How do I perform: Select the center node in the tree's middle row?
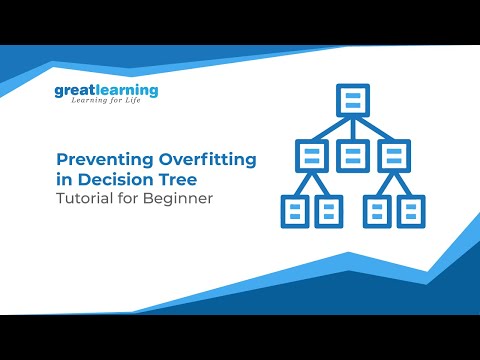[x=353, y=155]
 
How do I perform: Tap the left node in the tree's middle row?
[x=311, y=155]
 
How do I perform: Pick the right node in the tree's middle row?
[x=396, y=155]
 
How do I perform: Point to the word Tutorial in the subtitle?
[x=83, y=198]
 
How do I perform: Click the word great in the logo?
[x=74, y=91]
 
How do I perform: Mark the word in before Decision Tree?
[x=61, y=179]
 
